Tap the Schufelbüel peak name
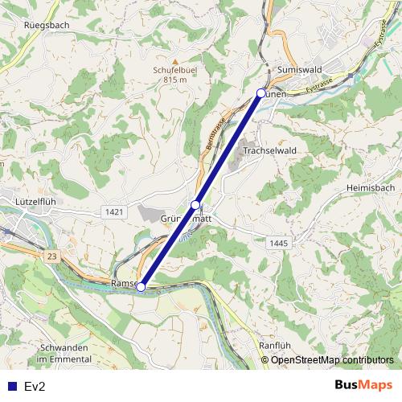coord(174,69)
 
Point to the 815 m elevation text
coord(174,80)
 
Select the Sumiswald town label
coord(299,70)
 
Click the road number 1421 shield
coord(113,211)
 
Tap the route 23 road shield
coord(52,255)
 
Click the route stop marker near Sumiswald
coord(260,93)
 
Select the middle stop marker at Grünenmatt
coord(195,205)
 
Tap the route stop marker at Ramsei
coord(141,286)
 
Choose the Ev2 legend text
coord(34,387)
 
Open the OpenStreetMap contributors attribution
coord(332,360)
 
